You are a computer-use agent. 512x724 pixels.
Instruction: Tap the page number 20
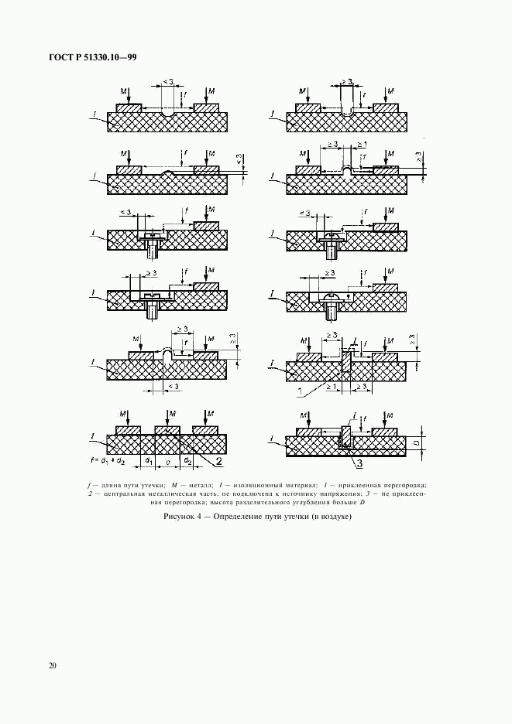click(x=51, y=665)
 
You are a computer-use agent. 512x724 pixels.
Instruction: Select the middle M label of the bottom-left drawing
click(x=172, y=414)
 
